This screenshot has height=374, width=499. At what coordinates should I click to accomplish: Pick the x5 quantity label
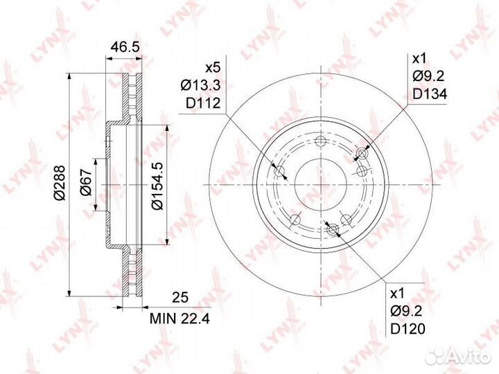(x=211, y=69)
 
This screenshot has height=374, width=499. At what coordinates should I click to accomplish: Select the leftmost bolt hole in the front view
(x=280, y=172)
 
